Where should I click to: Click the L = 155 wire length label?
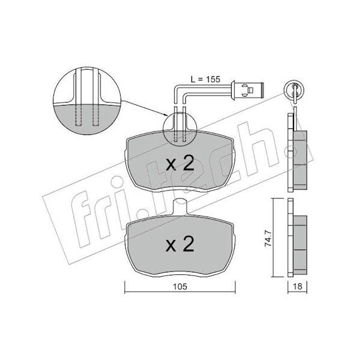[205, 79]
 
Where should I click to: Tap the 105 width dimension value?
[180, 287]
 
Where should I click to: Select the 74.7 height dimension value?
[268, 239]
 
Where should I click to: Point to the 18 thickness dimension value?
[298, 287]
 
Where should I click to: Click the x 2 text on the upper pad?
[180, 163]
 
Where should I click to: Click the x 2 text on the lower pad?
[180, 244]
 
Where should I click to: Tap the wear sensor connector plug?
[248, 90]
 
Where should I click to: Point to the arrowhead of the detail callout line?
[166, 115]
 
